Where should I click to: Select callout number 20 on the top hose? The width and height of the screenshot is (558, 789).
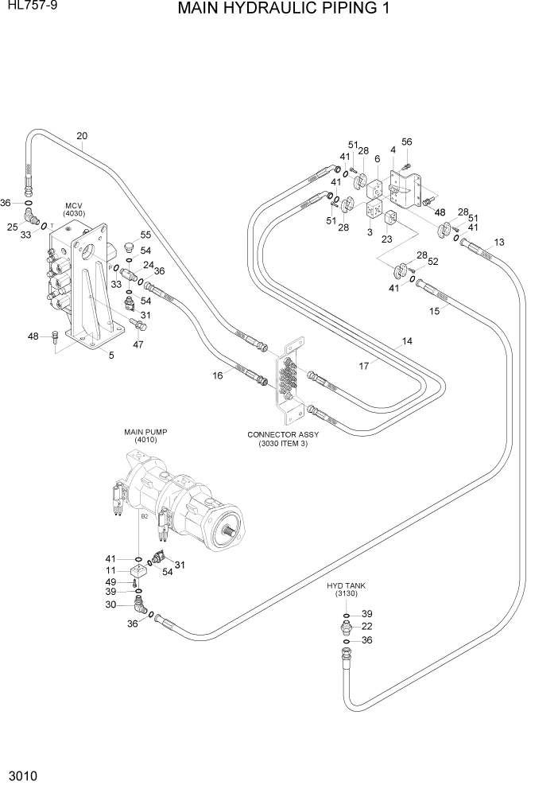(82, 136)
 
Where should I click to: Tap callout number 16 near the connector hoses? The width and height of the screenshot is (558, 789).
(217, 375)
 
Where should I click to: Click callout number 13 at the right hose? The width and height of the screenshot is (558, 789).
(499, 242)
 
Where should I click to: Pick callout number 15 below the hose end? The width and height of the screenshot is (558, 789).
(435, 311)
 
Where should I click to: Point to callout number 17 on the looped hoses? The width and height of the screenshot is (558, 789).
(364, 367)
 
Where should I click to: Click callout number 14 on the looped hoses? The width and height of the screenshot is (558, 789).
(407, 341)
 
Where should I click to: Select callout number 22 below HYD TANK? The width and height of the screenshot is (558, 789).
(367, 627)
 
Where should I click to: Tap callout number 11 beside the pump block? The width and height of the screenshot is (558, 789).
(111, 570)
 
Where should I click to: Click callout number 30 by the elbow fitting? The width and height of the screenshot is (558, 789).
(111, 605)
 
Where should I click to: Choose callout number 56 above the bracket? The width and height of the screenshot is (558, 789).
(407, 142)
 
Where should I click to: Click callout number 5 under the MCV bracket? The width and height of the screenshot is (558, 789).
(111, 356)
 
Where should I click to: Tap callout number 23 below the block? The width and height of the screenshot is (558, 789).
(388, 238)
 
